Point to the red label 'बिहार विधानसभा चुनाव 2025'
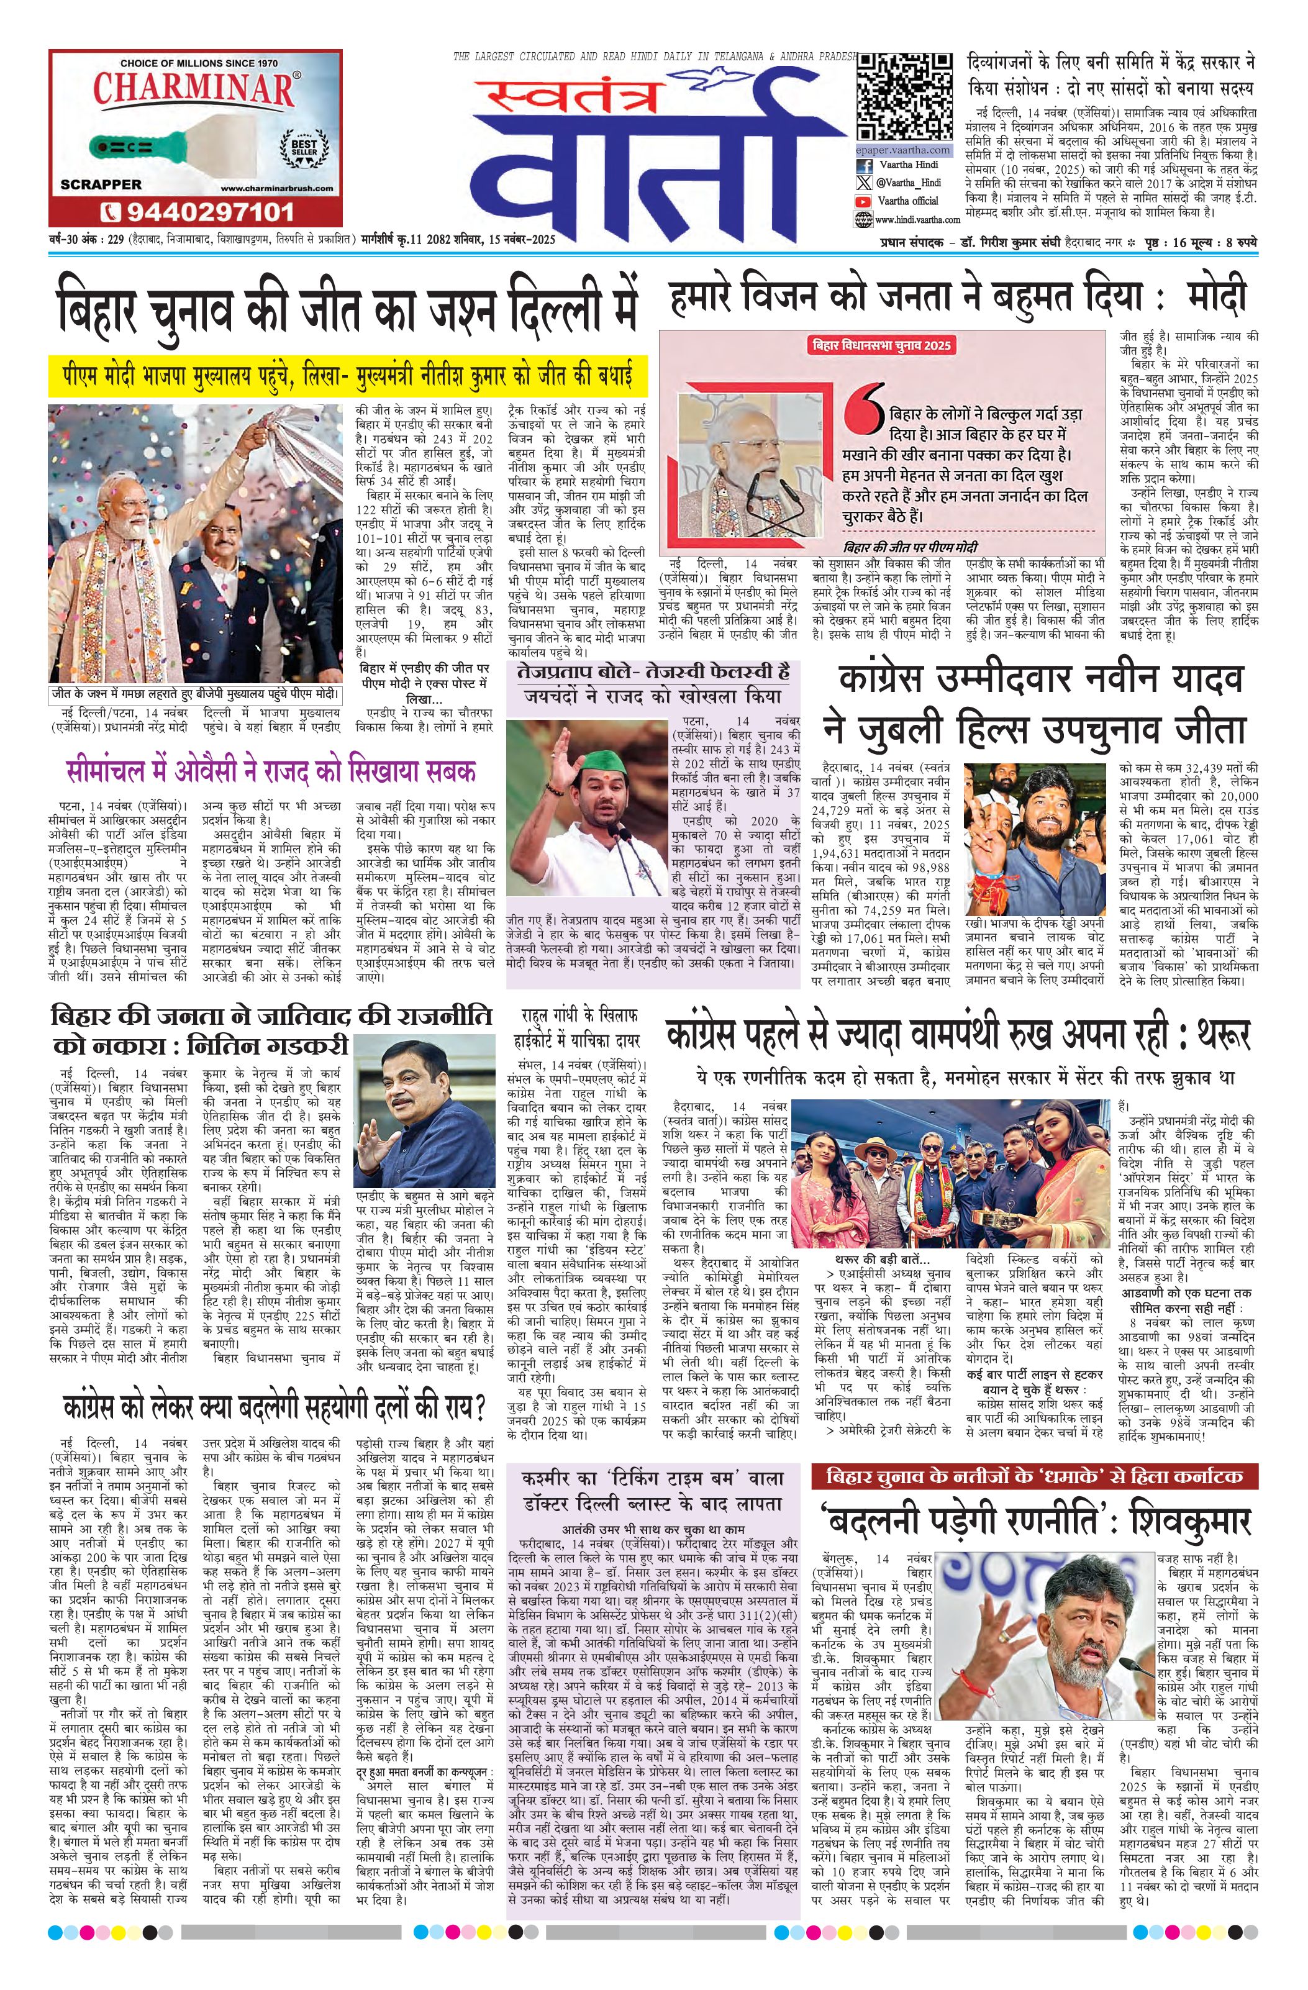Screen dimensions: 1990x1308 click(x=883, y=345)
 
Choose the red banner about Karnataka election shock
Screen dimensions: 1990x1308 click(x=1033, y=1476)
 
